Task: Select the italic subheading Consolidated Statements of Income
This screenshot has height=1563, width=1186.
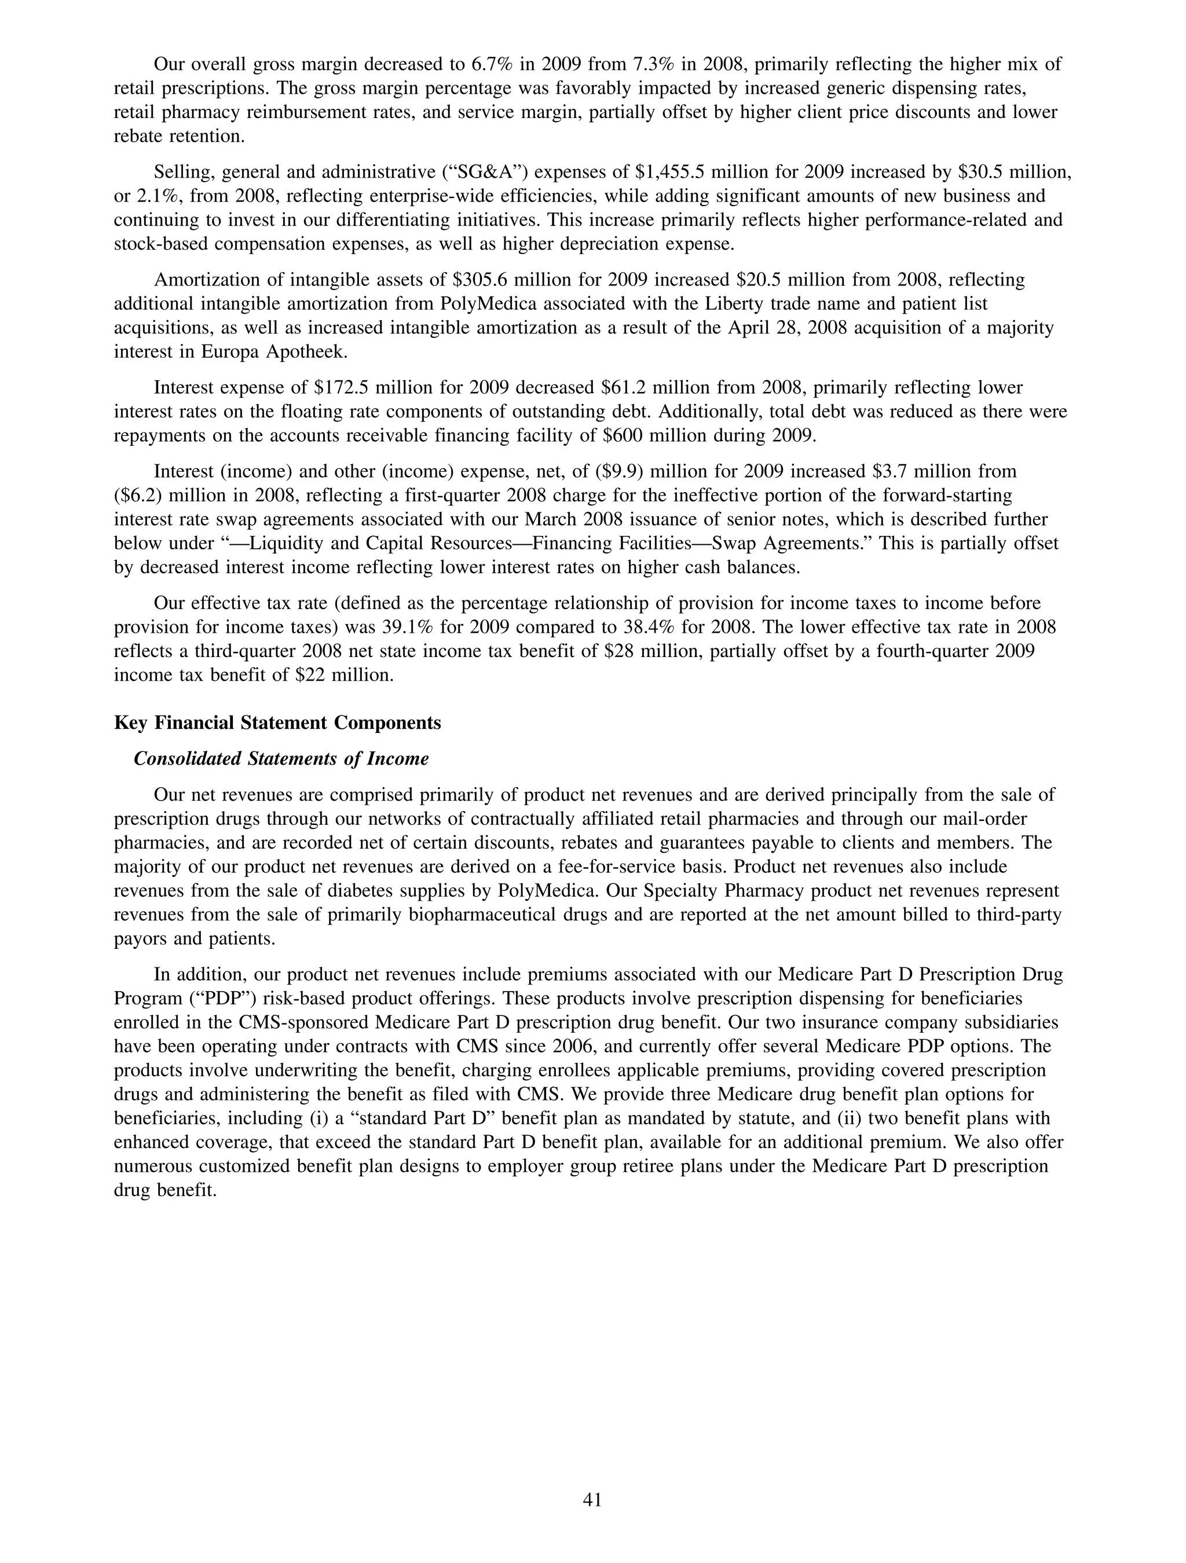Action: click(281, 759)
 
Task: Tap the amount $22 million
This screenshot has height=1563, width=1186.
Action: click(346, 676)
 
